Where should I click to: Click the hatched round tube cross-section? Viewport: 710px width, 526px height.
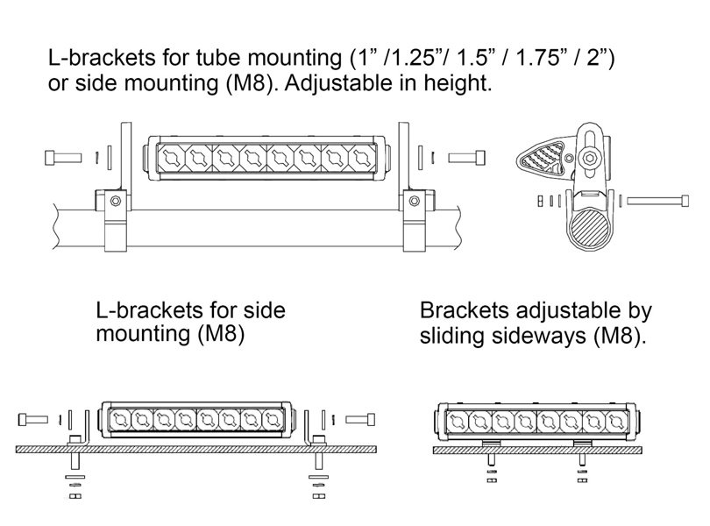(589, 229)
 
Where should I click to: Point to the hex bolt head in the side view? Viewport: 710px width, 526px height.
(589, 158)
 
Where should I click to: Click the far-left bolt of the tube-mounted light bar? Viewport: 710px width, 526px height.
(63, 158)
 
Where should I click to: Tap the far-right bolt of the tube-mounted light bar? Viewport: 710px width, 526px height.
(467, 158)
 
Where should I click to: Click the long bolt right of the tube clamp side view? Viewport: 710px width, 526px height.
(658, 200)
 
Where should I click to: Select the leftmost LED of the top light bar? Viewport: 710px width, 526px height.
(172, 158)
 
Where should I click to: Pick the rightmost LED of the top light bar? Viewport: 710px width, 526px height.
(362, 158)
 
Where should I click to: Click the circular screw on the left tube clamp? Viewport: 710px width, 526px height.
(116, 200)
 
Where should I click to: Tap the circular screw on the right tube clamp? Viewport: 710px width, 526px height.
(415, 200)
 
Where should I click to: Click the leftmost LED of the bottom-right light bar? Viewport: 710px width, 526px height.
(458, 423)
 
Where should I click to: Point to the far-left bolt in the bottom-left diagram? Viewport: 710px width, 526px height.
(33, 420)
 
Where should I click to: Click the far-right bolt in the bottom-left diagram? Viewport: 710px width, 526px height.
(360, 420)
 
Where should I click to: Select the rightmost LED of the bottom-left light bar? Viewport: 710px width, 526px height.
(273, 420)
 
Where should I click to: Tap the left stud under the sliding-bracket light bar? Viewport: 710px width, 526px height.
(492, 459)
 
